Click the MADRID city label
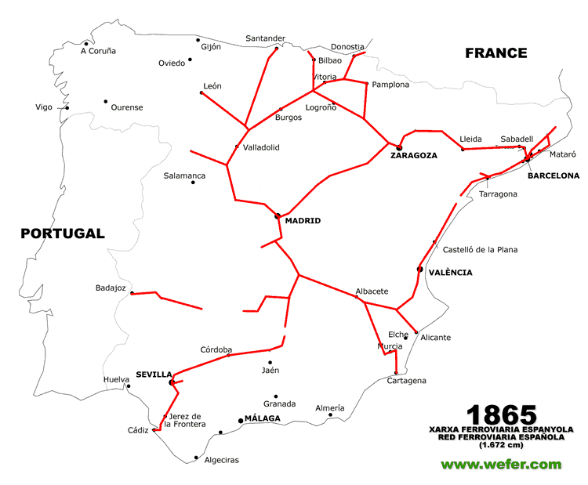point(303,221)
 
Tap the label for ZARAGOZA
point(413,155)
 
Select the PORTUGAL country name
point(63,233)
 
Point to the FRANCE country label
point(495,53)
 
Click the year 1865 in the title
point(502,415)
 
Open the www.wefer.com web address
point(501,464)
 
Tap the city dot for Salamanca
point(193,183)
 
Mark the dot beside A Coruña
point(86,44)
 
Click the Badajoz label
point(111,288)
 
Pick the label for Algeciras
point(221,460)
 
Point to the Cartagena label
point(406,381)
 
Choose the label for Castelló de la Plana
point(480,250)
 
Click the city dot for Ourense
point(105,101)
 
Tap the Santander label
point(265,38)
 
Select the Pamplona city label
point(390,85)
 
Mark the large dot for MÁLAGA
point(241,421)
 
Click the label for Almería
point(329,408)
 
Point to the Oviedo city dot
point(190,60)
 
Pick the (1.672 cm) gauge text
point(501,444)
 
